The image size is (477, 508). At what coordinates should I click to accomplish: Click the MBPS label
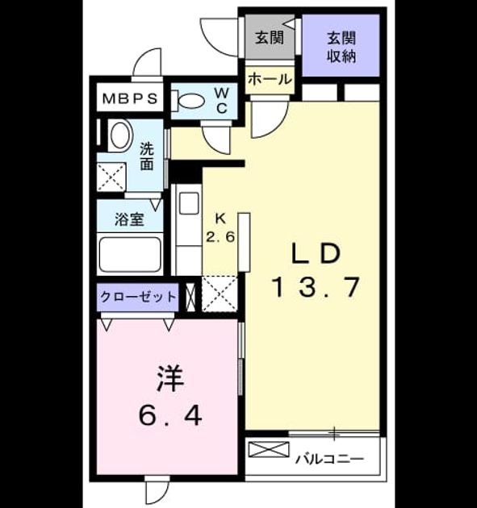point(130,98)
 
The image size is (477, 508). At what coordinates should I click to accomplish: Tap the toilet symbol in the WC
point(188,101)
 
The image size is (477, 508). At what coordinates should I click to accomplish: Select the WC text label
point(221,101)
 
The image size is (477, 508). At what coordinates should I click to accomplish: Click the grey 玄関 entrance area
point(270,37)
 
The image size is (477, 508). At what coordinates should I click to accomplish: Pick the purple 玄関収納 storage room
point(341,45)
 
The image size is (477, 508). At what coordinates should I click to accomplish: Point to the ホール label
point(270,79)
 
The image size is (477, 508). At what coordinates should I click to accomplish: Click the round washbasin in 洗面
point(120,135)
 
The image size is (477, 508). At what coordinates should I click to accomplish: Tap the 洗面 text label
point(147,156)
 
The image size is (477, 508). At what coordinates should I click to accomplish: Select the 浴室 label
point(129,219)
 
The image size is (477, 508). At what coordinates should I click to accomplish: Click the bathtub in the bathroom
point(130,254)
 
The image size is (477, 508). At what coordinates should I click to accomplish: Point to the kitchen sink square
point(189,203)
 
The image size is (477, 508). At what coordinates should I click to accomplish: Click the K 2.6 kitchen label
point(220,228)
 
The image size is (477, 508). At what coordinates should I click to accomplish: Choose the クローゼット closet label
point(138,297)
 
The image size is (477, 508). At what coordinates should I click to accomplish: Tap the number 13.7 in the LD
point(317,287)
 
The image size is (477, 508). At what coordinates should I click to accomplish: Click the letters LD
point(316,254)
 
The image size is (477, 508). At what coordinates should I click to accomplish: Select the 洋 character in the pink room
point(170,379)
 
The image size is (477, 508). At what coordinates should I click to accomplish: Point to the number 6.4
point(170,415)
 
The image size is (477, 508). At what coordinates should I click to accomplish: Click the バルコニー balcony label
point(329,459)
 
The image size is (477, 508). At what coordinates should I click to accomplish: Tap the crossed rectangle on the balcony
point(269,449)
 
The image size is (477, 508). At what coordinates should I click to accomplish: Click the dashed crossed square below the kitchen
point(220,294)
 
